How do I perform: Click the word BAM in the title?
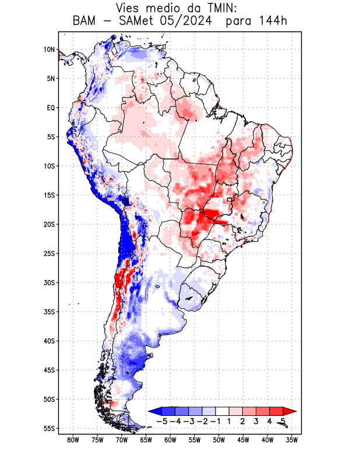tap(85, 22)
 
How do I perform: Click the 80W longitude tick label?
tap(73, 440)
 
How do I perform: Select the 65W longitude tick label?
tap(146, 440)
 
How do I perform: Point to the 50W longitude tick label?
tap(219, 440)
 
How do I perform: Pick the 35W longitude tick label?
tap(292, 440)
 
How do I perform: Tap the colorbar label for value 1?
tap(230, 421)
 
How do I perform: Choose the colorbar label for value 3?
tap(256, 421)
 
